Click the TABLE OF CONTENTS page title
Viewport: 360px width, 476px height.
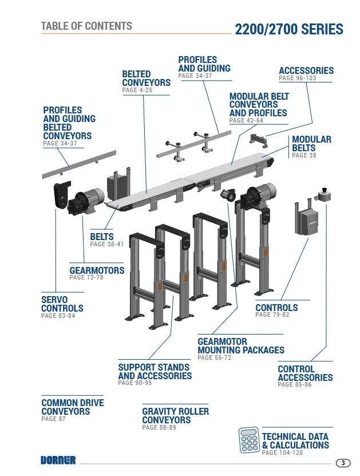[86, 26]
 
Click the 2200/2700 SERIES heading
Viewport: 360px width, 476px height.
[289, 29]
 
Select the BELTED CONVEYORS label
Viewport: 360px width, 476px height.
[146, 78]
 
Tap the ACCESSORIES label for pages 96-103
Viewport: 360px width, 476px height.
[306, 70]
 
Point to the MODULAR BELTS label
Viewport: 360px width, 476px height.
[311, 144]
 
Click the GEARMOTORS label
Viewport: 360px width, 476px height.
[97, 270]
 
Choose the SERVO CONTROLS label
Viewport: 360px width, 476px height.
[62, 304]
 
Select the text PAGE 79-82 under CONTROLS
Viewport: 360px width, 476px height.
[272, 315]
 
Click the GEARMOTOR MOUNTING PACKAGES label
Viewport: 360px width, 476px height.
[240, 346]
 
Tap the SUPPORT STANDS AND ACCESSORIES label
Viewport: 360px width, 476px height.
[155, 372]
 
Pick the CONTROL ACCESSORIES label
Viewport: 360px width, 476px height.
[305, 373]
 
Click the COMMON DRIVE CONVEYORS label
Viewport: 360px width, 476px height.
[72, 407]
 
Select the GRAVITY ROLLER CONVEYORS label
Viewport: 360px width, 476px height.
[175, 416]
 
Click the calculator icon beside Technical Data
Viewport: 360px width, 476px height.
[249, 440]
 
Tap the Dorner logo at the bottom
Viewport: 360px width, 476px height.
[58, 459]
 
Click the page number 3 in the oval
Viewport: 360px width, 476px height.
[342, 463]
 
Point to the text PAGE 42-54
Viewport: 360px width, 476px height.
[246, 121]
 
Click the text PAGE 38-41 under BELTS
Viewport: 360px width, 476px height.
[106, 244]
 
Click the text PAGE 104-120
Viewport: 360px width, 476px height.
[282, 453]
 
